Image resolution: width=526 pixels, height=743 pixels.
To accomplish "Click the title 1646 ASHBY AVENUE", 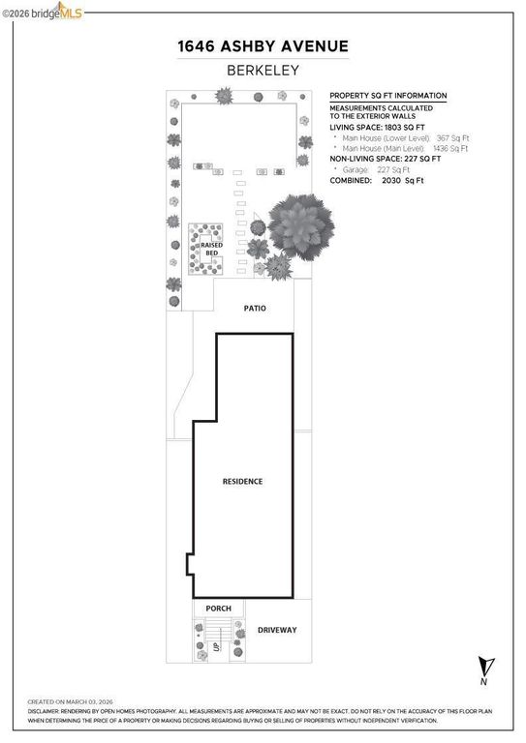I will pos(262,46).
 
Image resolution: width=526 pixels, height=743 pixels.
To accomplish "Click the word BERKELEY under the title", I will pos(262,70).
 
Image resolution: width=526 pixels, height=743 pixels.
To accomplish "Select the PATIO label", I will pos(253,309).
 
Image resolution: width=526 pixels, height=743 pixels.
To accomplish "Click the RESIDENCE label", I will pos(242,481).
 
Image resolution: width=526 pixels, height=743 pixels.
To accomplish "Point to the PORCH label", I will pos(218,609).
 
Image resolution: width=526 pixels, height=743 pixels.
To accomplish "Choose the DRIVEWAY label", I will pos(277,630).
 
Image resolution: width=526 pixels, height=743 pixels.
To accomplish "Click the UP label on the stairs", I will pos(216,645).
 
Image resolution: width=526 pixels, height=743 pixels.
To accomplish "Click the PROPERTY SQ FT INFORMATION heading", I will pos(388,96).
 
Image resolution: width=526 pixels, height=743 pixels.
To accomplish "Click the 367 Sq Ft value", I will pos(452,138).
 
